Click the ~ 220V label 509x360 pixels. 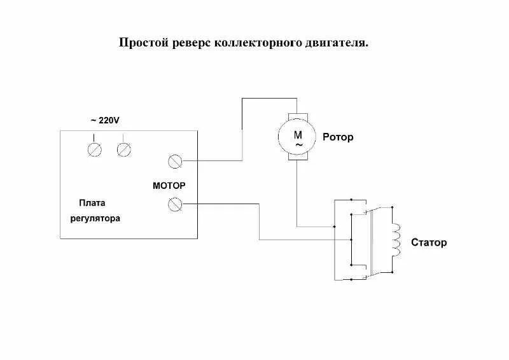104,120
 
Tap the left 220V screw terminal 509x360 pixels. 94,149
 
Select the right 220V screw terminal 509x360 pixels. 125,149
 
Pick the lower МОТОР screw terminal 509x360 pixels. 174,204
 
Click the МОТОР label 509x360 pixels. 169,186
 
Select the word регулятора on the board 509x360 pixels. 95,218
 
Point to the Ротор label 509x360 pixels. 338,137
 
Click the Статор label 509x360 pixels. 429,242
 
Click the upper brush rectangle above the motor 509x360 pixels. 296,115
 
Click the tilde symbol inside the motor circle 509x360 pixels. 297,144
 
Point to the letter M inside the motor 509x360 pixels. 297,134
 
